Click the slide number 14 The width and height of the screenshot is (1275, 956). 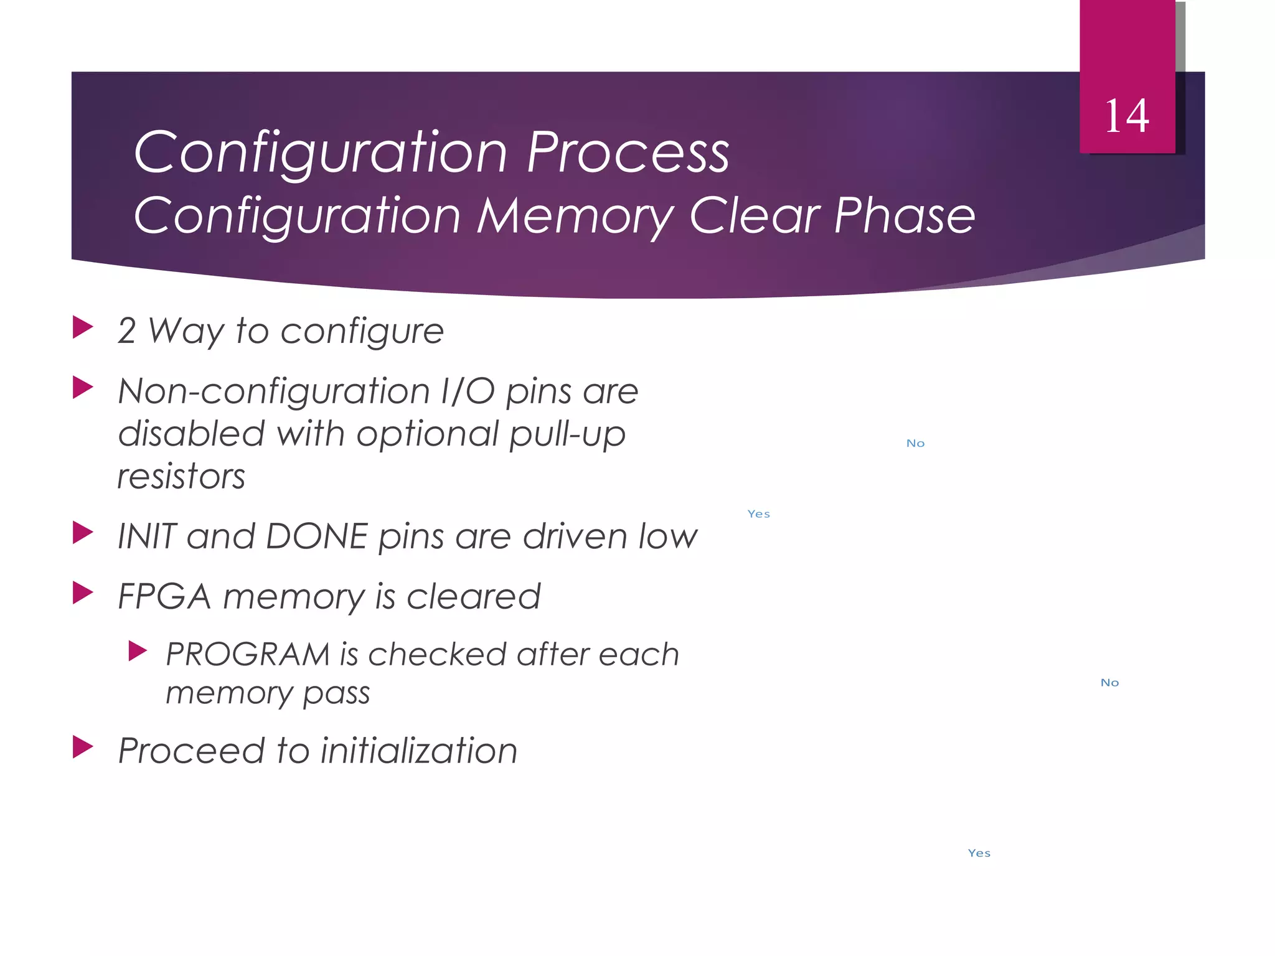[x=1127, y=116]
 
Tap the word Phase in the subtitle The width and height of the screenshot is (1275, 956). [x=904, y=215]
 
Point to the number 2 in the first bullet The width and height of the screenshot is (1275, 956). [x=126, y=331]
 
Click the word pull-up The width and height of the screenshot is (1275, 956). [x=567, y=434]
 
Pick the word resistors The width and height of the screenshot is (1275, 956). [x=181, y=477]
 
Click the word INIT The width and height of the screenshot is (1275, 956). [x=147, y=537]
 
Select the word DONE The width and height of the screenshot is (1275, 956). [x=317, y=537]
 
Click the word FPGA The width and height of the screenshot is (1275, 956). [x=164, y=597]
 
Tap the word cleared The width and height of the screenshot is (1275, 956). [x=473, y=597]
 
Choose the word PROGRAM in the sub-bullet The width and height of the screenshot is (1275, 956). [x=247, y=655]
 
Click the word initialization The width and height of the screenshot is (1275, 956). [x=419, y=751]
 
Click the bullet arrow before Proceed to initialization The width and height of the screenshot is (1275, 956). [x=82, y=747]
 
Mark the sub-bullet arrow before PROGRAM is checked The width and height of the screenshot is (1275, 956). [x=137, y=651]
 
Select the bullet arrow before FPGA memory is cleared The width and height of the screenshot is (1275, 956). [x=82, y=593]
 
